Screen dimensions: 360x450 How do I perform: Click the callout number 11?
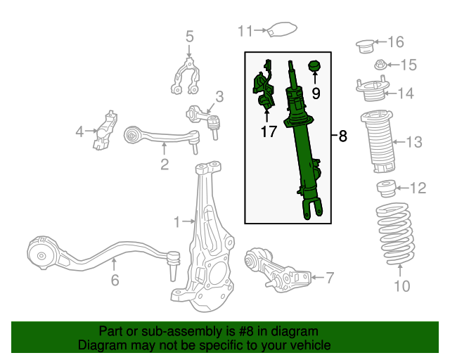tap(244, 30)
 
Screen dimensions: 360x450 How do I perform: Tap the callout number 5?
tap(189, 36)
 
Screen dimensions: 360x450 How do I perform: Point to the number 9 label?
tap(316, 91)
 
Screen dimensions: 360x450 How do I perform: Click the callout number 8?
tap(342, 136)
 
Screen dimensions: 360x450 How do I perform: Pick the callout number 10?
tap(401, 286)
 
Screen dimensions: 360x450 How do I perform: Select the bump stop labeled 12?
tap(385, 189)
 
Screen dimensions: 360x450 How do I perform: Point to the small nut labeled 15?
tap(379, 65)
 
